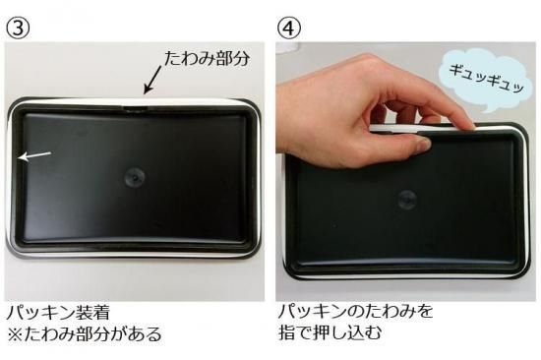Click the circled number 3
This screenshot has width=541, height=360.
coord(18,28)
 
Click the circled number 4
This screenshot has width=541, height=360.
coord(289,28)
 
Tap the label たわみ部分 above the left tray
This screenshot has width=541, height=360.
coord(207,58)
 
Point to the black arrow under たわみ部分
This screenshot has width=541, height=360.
coord(152,80)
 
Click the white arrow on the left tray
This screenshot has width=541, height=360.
coord(34,155)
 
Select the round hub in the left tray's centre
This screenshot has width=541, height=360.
coord(135,177)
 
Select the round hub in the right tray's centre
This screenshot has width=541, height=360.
coord(407,199)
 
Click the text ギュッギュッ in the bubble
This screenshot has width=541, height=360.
coord(487,79)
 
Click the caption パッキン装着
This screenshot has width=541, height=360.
coord(58,314)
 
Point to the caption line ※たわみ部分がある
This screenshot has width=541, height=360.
coord(85,334)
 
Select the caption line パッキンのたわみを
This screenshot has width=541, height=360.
coord(355,312)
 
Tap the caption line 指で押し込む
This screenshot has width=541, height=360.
coord(331,332)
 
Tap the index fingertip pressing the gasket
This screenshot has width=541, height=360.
coord(466,124)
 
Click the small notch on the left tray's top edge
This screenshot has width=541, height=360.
coord(136,109)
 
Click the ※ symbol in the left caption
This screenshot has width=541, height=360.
coord(15,334)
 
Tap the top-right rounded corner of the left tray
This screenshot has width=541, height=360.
coord(252,107)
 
